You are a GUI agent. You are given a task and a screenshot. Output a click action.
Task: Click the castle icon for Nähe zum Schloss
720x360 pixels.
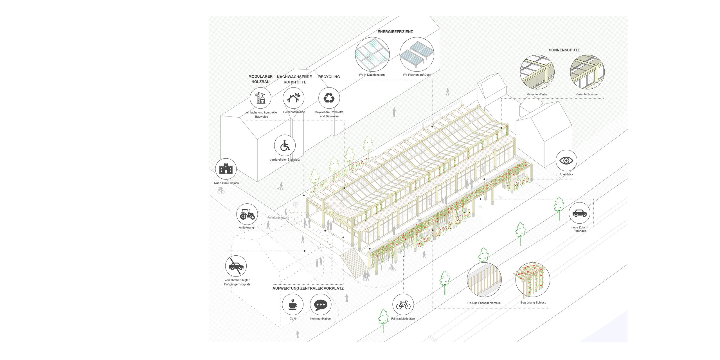pos(226,169)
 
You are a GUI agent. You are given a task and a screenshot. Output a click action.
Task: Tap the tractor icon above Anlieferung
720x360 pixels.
pos(247,214)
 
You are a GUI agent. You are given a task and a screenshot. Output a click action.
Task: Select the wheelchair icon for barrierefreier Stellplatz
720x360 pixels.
pos(285,145)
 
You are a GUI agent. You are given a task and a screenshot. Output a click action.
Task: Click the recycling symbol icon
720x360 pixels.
pos(329,98)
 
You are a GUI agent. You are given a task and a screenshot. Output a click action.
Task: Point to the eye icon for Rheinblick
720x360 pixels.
pos(566,161)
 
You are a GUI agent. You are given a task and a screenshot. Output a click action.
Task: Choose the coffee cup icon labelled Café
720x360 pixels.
pos(292,305)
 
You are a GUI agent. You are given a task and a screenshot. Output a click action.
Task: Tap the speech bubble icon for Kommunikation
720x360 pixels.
pos(321,305)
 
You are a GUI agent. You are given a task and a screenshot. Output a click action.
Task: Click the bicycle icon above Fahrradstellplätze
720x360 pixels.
pos(403,305)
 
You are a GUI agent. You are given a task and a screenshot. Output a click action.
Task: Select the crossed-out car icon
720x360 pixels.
pos(236,266)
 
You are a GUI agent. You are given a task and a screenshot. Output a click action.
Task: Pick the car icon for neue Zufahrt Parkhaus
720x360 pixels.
pos(579,213)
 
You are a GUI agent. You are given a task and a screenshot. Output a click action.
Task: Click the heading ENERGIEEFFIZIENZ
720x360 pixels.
pos(395,32)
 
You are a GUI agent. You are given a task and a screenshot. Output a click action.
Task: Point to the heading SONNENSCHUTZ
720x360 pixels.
pos(564,50)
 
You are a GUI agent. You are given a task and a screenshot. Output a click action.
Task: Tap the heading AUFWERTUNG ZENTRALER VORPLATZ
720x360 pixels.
pos(308,288)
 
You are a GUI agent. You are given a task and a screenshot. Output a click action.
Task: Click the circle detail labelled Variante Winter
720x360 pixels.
pos(537,72)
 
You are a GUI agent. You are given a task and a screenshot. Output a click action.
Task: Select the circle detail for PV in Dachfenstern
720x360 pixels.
pos(372,54)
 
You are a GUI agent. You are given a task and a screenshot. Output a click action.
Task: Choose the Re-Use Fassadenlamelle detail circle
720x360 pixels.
pos(484,280)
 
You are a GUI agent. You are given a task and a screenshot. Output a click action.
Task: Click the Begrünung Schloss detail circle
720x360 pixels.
pos(532,280)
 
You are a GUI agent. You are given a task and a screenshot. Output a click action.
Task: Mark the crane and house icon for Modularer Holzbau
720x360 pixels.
pos(260,98)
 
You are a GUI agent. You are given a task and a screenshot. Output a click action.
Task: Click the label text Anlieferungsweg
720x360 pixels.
pos(278,218)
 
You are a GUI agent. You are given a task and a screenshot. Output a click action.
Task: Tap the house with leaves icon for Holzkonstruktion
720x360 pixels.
pos(293,98)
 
